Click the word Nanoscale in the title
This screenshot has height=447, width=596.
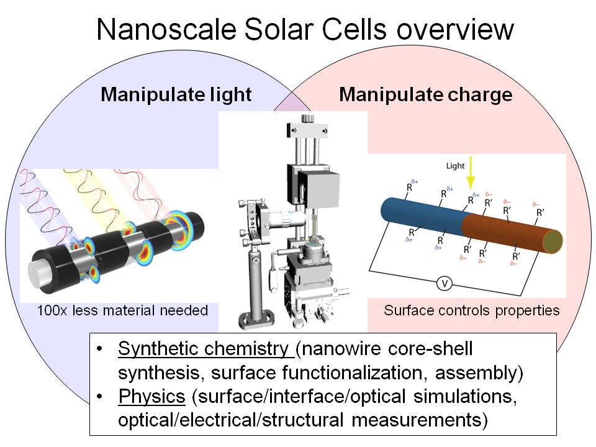167,30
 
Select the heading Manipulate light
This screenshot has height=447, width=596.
176,94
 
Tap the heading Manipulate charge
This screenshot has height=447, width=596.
426,94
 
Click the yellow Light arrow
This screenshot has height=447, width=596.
471,173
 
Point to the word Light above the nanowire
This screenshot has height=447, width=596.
455,166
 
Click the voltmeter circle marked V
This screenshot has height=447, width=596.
444,284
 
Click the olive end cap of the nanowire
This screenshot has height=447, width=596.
553,242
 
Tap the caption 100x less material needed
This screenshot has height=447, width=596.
122,310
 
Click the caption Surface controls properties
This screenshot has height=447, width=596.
471,310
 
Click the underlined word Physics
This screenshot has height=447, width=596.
151,396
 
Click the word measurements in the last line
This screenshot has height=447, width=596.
420,420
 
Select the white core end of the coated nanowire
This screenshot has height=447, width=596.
39,271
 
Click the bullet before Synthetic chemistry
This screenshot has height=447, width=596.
99,348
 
